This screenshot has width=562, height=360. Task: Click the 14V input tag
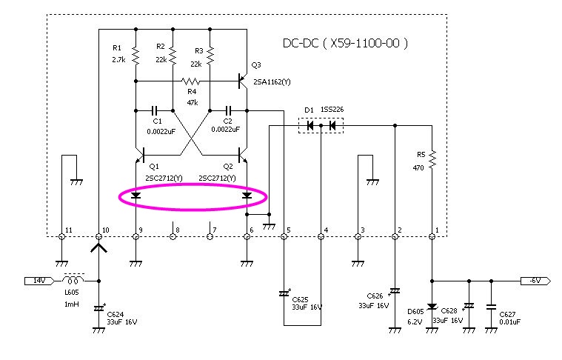[x=39, y=281]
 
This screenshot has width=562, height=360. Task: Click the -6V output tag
[x=535, y=281]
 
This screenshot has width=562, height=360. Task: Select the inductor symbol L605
[x=73, y=279]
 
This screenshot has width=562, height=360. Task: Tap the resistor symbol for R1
[x=136, y=56]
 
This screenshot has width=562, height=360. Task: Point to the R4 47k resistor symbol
[x=191, y=81]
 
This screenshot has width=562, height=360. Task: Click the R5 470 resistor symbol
[x=432, y=159]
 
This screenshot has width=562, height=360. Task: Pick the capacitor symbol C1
[x=155, y=110]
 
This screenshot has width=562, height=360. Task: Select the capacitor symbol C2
[x=228, y=110]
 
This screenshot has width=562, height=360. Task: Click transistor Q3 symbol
[x=243, y=81]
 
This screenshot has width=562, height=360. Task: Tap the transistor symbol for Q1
[x=140, y=155]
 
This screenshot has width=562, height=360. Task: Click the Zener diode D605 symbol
[x=432, y=307]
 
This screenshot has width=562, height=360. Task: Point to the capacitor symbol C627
[x=491, y=307]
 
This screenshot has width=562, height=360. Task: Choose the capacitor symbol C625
[x=284, y=293]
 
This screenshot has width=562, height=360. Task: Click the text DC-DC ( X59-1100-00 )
[x=345, y=44]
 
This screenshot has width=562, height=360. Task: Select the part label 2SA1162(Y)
[x=272, y=81]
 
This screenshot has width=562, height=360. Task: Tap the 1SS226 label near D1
[x=332, y=110]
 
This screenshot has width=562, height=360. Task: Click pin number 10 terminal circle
[x=99, y=236]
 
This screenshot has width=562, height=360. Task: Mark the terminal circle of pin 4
[x=321, y=236]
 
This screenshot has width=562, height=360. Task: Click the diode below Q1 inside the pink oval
[x=136, y=196]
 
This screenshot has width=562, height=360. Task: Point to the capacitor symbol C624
[x=99, y=308]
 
